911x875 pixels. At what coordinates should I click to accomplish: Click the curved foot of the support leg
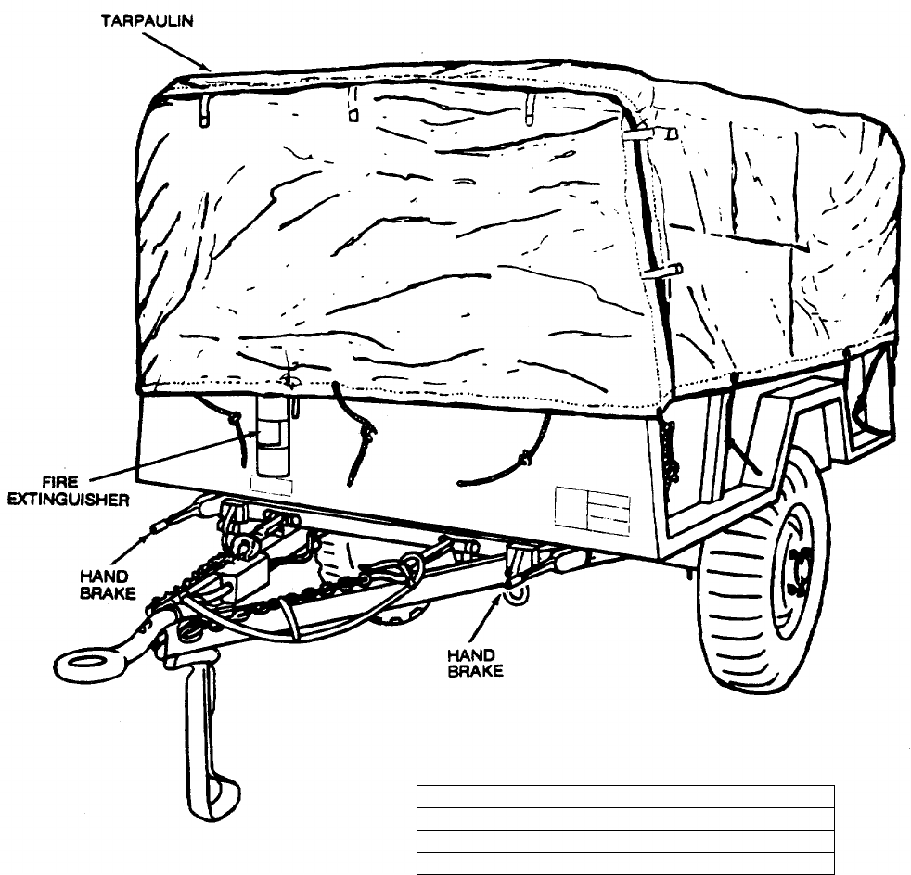click(x=219, y=797)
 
